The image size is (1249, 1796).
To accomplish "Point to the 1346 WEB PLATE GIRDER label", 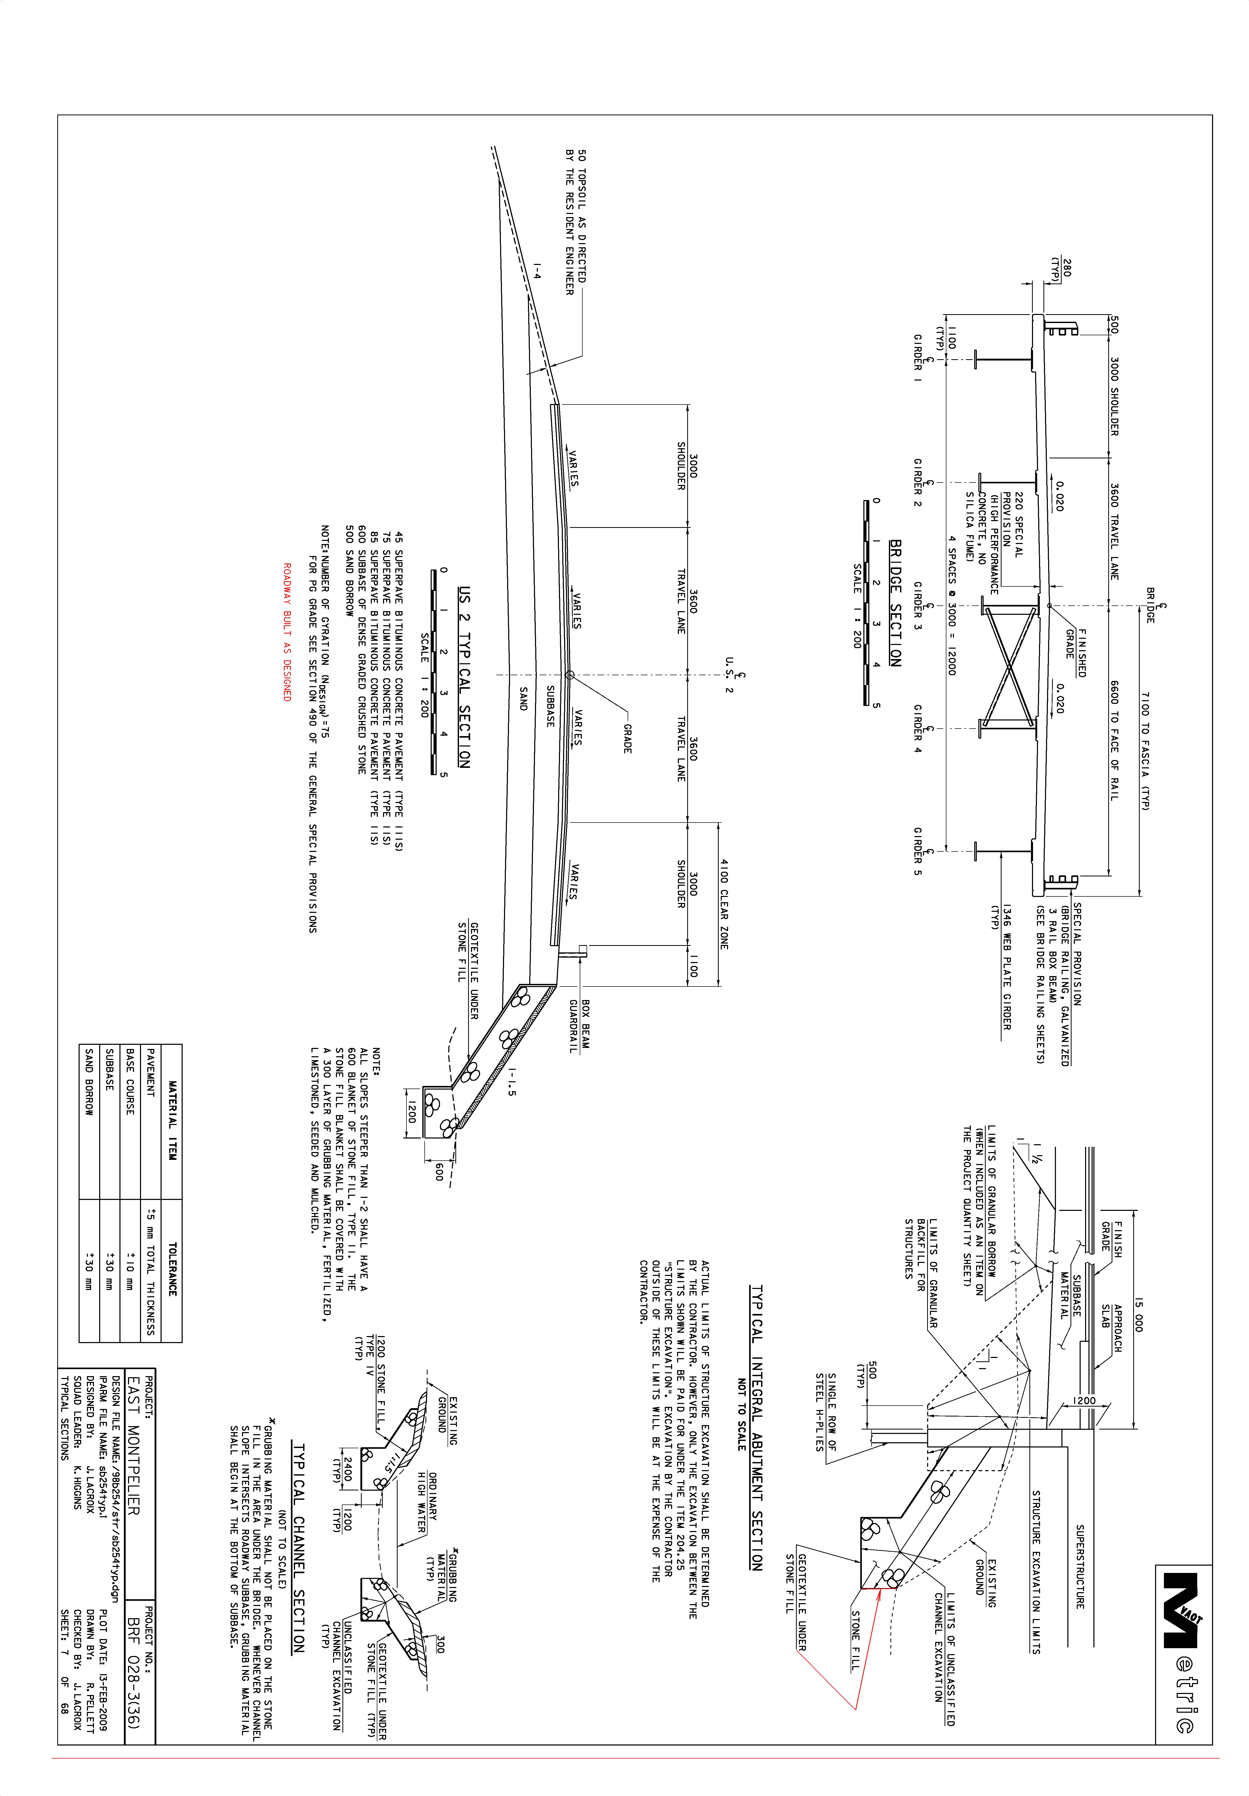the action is click(1001, 966).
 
